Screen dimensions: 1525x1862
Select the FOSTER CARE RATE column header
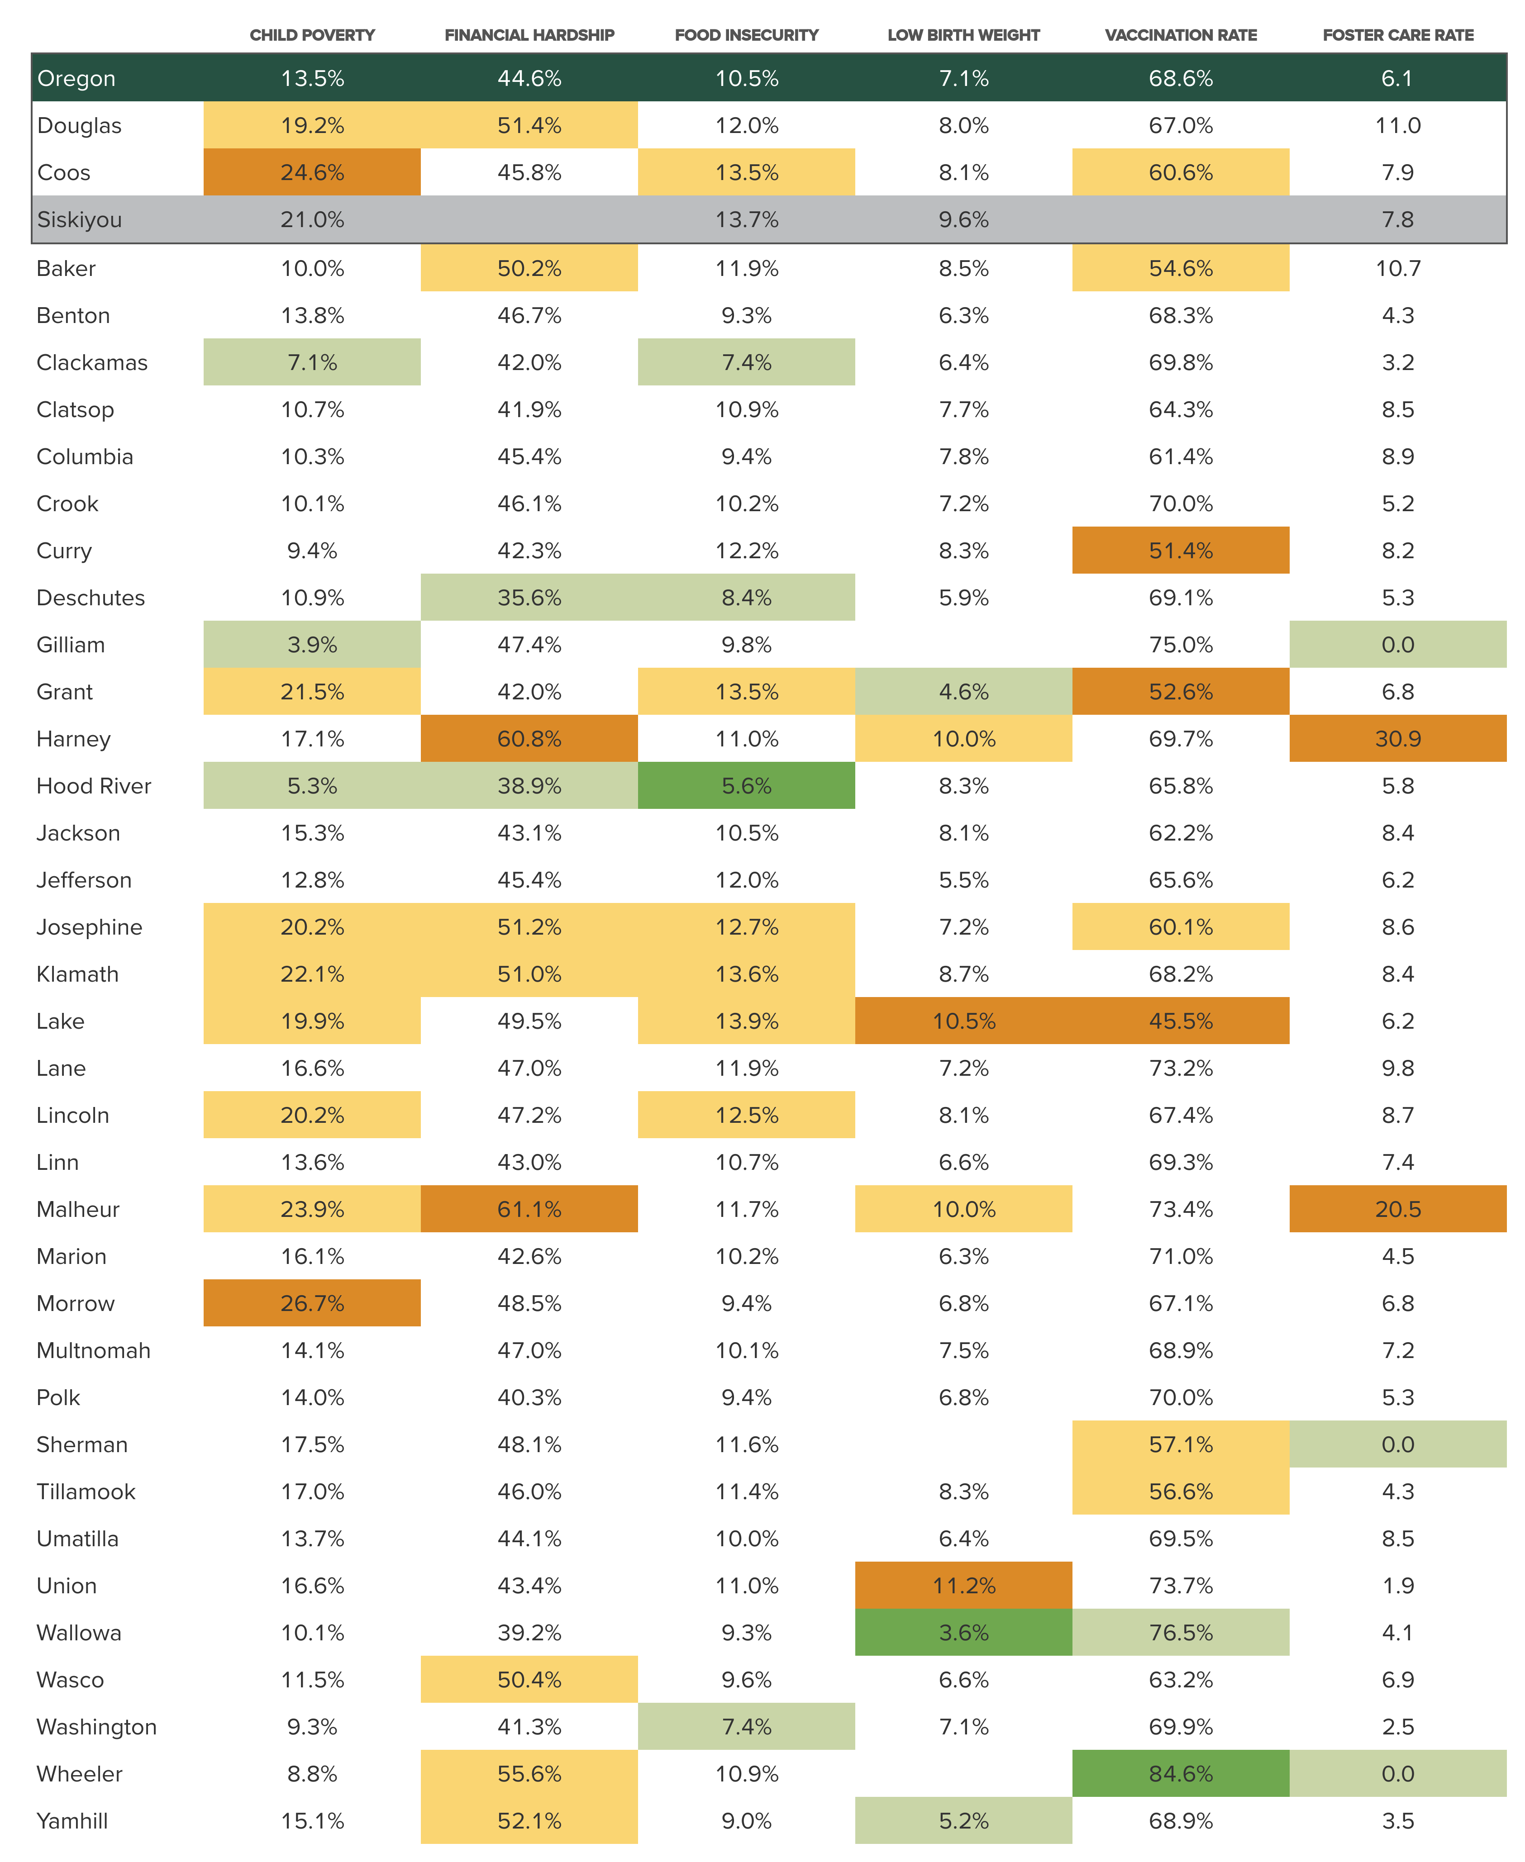[x=1398, y=35]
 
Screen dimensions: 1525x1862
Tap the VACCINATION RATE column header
[x=1181, y=35]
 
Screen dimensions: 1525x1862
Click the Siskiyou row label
[x=79, y=219]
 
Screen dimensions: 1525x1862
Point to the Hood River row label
[x=93, y=786]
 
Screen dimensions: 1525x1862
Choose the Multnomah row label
[x=93, y=1351]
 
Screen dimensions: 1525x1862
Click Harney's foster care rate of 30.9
[x=1398, y=739]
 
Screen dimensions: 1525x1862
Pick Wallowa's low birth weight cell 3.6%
[x=964, y=1633]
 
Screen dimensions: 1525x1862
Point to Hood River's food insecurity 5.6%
[x=747, y=786]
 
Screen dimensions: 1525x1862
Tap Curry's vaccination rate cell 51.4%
[x=1181, y=551]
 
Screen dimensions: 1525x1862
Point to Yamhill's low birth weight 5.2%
[x=964, y=1821]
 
